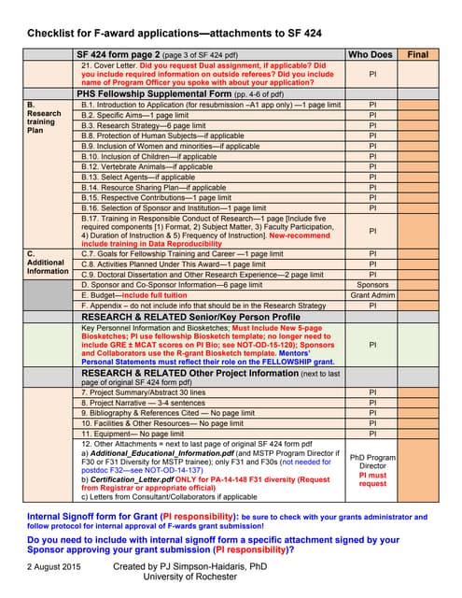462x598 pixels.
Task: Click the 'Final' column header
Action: pos(418,55)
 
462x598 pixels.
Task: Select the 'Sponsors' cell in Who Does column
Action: pos(372,284)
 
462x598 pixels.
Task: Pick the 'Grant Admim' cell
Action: pos(372,294)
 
